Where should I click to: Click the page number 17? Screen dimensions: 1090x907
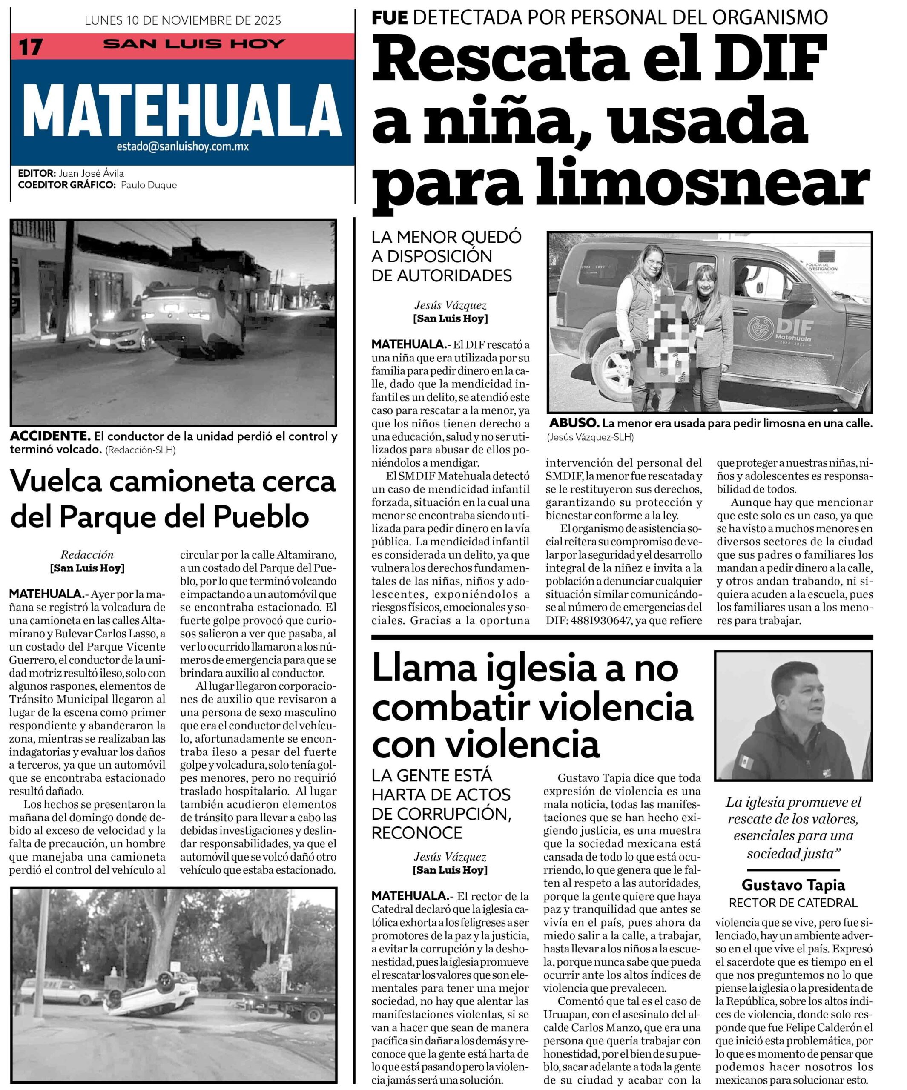point(30,47)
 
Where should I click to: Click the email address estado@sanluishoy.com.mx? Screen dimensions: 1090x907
point(183,147)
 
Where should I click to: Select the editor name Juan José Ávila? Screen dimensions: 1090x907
point(91,173)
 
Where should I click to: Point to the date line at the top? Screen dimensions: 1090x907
point(183,21)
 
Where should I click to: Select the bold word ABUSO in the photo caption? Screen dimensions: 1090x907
point(574,423)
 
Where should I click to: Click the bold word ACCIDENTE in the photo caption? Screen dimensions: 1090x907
point(50,436)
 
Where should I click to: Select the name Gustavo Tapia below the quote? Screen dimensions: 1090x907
point(793,885)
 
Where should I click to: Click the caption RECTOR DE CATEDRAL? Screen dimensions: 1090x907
point(793,903)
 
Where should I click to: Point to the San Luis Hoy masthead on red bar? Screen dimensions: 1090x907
point(194,44)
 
